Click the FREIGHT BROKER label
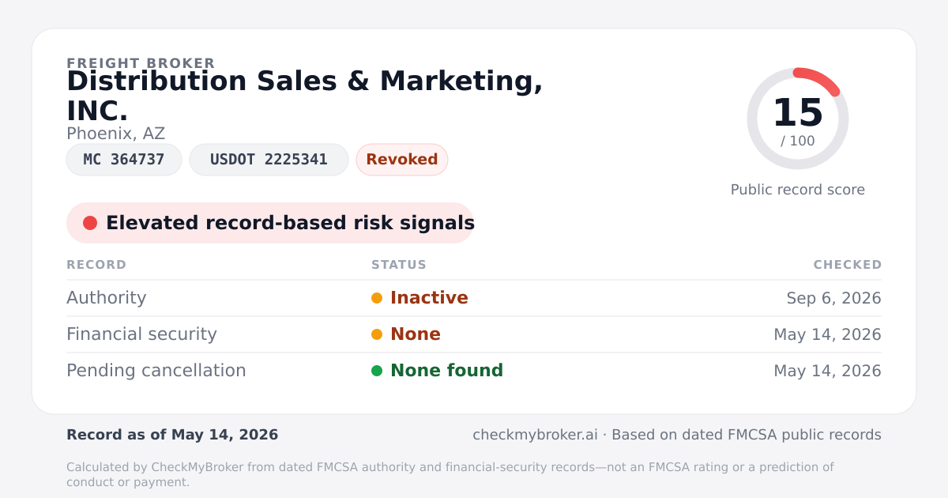tap(141, 63)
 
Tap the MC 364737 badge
tap(124, 160)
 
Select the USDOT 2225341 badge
tap(269, 160)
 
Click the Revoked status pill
tap(402, 160)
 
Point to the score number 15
tap(798, 112)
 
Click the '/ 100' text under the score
tap(798, 141)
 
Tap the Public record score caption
tap(798, 190)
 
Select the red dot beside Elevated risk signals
tap(90, 223)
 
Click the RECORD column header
tap(96, 265)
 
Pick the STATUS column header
tap(399, 265)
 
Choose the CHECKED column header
tap(847, 265)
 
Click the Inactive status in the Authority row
tap(429, 298)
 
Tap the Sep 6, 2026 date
tap(833, 298)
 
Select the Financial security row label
tap(141, 334)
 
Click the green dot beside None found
tap(377, 371)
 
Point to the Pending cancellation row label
tap(156, 371)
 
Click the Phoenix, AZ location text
tap(115, 134)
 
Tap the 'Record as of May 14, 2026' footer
tap(172, 435)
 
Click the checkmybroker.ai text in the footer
tap(535, 435)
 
